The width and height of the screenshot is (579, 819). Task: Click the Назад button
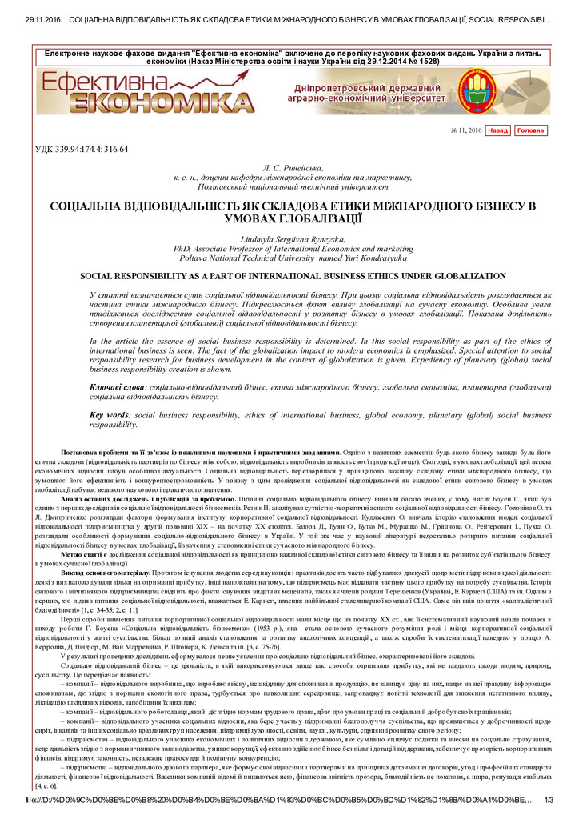coord(497,130)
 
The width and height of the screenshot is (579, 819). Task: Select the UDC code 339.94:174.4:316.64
coord(82,149)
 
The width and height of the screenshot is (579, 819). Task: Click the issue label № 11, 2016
coord(466,130)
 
